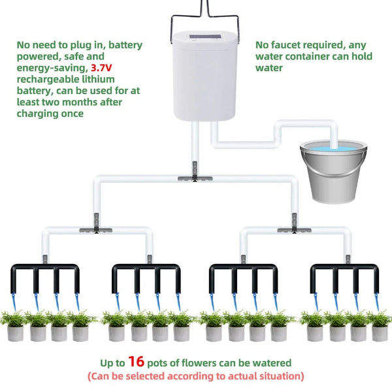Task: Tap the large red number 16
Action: (x=136, y=361)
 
